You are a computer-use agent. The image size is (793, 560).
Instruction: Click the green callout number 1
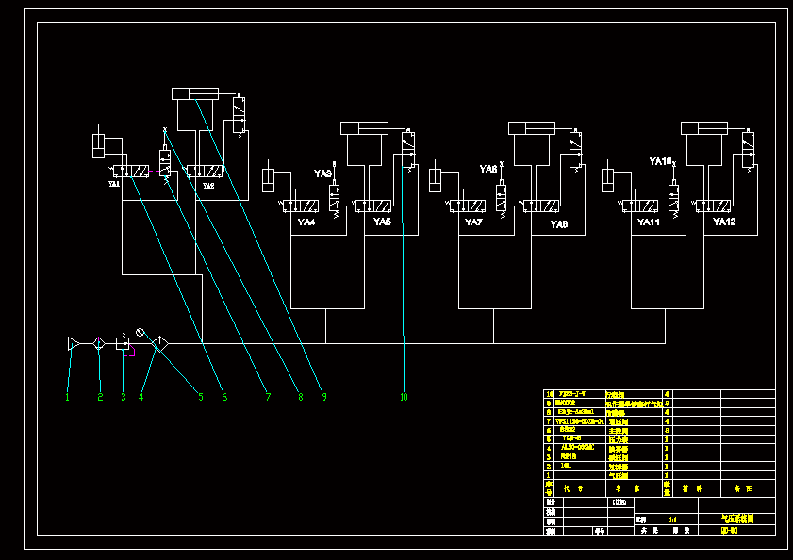(x=68, y=398)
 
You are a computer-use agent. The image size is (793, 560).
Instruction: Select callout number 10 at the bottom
(x=404, y=398)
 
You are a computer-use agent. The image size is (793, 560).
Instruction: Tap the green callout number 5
(x=200, y=398)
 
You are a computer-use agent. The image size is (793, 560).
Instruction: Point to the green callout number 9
(x=323, y=398)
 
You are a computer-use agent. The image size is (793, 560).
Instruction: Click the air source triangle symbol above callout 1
(x=74, y=344)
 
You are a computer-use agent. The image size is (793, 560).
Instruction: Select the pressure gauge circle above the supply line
(x=140, y=332)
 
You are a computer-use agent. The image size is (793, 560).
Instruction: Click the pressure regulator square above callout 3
(x=123, y=344)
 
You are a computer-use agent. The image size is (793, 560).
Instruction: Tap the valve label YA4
(x=306, y=222)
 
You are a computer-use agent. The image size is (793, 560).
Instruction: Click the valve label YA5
(x=382, y=222)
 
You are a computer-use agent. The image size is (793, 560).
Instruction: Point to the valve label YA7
(x=473, y=222)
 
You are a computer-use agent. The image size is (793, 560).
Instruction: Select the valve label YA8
(x=559, y=224)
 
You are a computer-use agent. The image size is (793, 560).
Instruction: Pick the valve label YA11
(x=648, y=222)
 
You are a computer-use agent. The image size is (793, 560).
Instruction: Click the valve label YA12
(x=723, y=222)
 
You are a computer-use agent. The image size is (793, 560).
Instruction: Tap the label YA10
(x=660, y=162)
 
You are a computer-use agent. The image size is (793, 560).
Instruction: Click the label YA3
(x=322, y=173)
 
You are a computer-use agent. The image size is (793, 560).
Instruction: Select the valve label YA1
(x=114, y=185)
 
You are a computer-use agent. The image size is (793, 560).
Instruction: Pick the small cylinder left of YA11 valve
(x=612, y=178)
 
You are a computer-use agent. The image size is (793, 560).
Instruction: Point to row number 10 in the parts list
(x=549, y=394)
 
